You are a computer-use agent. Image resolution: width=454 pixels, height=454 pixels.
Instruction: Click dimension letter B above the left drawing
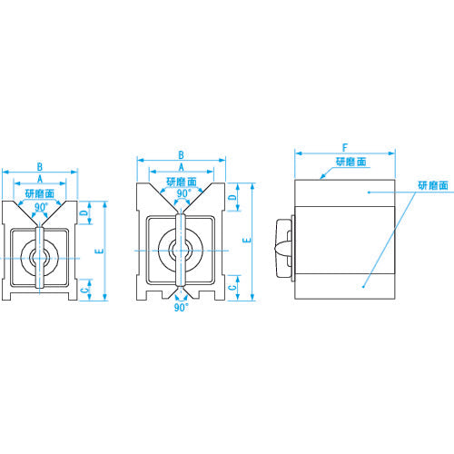point(38,166)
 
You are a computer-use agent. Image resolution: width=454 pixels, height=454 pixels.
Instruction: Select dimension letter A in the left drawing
point(38,180)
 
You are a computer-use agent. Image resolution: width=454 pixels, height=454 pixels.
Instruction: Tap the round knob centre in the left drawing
point(39,259)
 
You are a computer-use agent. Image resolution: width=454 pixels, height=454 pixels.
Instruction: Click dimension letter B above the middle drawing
point(181,154)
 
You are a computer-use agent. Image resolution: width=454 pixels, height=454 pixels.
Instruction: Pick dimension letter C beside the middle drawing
point(232,286)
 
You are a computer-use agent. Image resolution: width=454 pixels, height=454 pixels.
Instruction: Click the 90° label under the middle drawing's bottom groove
point(181,309)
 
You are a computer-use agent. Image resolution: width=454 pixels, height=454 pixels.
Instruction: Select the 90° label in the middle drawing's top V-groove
point(182,193)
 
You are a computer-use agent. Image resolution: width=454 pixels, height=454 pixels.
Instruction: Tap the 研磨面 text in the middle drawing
point(182,182)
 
